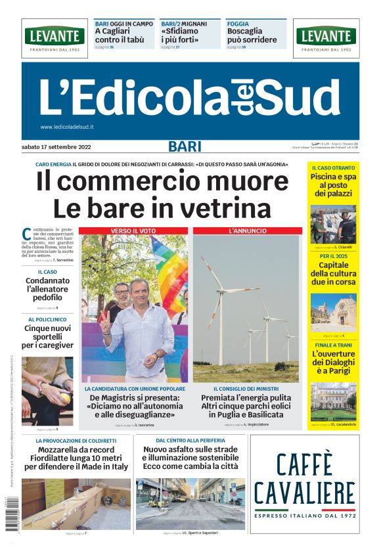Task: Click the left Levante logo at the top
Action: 55,37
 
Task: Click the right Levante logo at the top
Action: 326,37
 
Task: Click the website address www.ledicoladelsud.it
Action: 67,127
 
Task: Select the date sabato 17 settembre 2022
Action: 56,146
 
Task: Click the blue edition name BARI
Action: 185,146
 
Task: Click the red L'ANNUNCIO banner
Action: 247,231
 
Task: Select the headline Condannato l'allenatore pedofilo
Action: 48,289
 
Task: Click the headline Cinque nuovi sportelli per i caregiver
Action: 48,336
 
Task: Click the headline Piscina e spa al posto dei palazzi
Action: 333,185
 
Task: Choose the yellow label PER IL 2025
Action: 333,255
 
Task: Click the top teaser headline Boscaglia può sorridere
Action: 252,35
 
